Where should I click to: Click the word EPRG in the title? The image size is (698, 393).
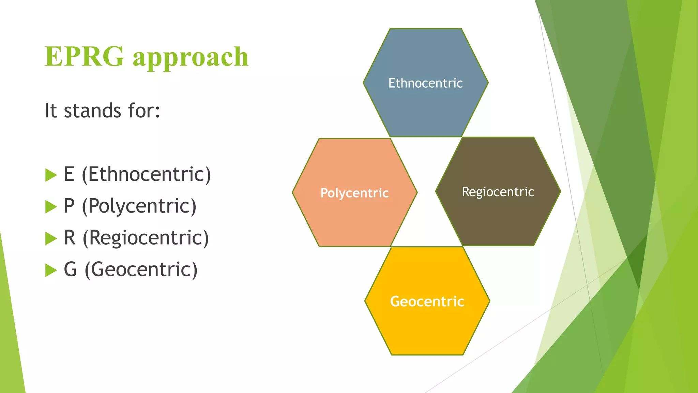point(84,57)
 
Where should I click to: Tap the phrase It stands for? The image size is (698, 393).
point(102,111)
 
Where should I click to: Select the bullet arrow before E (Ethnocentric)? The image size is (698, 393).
point(51,175)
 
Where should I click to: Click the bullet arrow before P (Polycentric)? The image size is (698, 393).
point(51,207)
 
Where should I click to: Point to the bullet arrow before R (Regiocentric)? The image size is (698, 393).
point(51,238)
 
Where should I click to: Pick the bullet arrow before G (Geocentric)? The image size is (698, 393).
point(51,270)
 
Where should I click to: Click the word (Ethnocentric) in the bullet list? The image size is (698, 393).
point(147,175)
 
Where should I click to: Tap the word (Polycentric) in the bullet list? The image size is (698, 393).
point(139,206)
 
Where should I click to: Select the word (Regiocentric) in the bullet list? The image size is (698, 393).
point(146,238)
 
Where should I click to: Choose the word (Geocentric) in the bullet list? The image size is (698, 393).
point(141,270)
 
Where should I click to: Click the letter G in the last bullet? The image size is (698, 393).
point(70,270)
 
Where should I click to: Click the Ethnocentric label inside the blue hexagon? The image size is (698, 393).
point(425,83)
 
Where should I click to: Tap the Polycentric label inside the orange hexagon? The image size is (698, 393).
point(354,193)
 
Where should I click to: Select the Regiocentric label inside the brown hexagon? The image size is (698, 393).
point(498,192)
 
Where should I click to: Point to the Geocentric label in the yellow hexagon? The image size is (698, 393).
point(427,302)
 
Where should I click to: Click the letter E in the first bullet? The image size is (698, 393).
point(69,174)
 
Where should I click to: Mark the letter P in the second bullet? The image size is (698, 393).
point(69,206)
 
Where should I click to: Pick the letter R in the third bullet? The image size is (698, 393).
point(70,238)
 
